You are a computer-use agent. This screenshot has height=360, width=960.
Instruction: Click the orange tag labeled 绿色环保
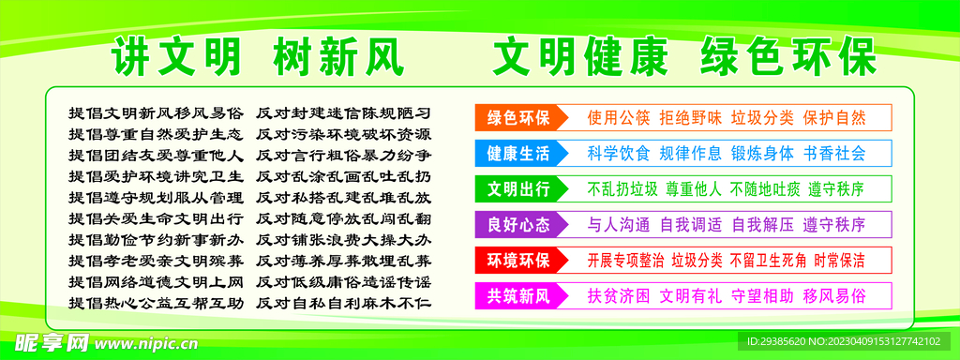tap(518, 117)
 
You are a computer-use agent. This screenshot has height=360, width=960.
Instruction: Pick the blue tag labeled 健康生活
tap(518, 153)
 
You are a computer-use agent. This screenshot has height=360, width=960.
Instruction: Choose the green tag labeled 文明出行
tap(518, 188)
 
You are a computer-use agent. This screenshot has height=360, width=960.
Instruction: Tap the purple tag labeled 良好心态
tap(518, 224)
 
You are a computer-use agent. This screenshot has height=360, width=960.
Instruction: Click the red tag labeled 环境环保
tap(518, 260)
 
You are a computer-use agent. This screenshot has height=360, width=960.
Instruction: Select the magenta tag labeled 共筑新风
tap(518, 295)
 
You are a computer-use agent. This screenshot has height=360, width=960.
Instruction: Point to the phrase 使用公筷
tap(619, 117)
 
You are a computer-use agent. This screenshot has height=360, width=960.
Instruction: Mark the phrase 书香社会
tap(834, 153)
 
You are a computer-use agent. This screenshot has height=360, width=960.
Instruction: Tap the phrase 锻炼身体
tap(762, 153)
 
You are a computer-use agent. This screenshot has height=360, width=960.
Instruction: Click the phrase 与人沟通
tap(619, 224)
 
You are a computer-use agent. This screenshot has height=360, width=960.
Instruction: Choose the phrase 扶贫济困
tap(619, 295)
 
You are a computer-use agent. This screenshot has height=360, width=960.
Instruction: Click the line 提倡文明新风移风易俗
tap(156, 112)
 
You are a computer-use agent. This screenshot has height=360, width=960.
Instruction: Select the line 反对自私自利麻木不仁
tap(343, 303)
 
